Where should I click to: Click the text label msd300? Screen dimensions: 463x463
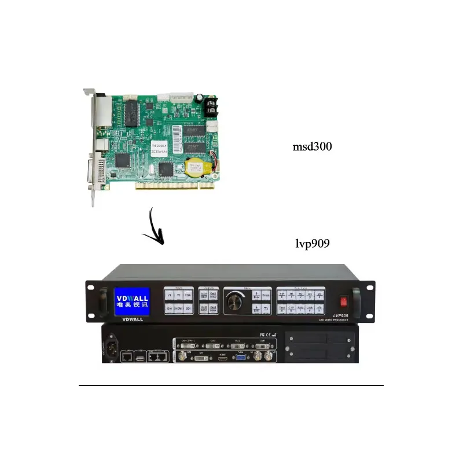pos(312,147)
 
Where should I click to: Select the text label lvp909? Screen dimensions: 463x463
pos(313,243)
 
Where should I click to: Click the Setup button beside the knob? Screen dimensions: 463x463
pos(266,295)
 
